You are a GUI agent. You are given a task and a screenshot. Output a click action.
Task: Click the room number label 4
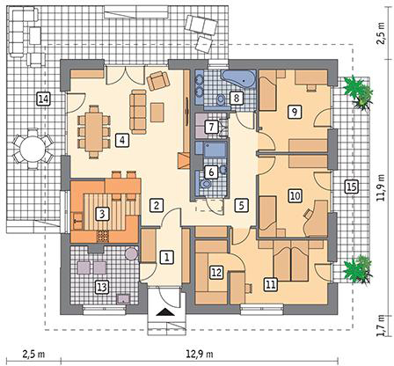(x=122, y=140)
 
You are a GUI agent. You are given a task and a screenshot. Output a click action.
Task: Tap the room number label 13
(x=102, y=287)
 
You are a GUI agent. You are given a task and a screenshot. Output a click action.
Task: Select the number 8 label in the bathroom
(x=237, y=98)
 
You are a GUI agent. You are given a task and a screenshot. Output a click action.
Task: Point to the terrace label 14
(x=43, y=99)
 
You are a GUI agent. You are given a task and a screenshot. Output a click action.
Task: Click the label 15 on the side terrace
(x=351, y=187)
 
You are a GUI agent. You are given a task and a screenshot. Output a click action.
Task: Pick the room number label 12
(x=216, y=273)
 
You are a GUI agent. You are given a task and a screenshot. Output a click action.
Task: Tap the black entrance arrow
(x=165, y=312)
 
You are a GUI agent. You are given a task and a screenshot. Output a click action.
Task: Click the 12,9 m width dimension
(x=200, y=354)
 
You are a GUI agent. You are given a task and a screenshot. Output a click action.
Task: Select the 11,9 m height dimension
(x=381, y=187)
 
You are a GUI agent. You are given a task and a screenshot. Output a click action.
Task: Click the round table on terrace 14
(x=33, y=149)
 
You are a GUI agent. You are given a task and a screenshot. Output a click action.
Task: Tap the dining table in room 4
(x=94, y=132)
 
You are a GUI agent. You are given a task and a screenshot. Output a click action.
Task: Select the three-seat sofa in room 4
(x=138, y=112)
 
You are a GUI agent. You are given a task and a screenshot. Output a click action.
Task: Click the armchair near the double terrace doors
(x=158, y=80)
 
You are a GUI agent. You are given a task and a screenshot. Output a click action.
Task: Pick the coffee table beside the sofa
(x=157, y=112)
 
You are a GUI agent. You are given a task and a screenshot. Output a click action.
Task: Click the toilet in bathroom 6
(x=205, y=184)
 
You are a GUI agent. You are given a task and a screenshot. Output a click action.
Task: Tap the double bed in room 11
(x=291, y=260)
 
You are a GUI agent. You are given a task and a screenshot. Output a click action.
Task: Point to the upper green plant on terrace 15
(x=358, y=91)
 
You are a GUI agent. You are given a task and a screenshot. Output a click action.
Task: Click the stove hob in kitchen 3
(x=103, y=236)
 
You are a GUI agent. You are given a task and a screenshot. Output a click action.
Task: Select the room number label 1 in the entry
(x=166, y=257)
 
